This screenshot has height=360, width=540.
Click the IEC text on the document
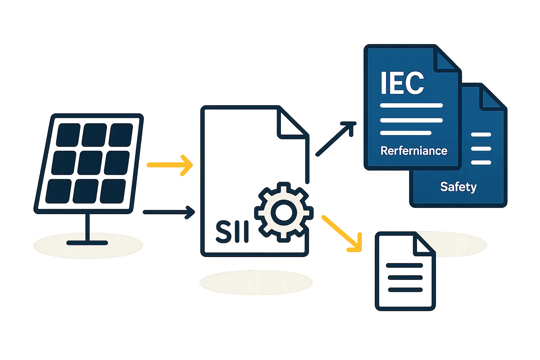tap(402, 83)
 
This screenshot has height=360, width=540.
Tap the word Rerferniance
tap(414, 151)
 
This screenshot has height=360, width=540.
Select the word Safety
tap(458, 187)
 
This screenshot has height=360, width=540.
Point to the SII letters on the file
tap(232, 232)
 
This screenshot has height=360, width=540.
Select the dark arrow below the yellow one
tap(169, 212)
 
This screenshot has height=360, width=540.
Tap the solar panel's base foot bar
tap(87, 243)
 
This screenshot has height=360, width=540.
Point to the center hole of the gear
tap(283, 212)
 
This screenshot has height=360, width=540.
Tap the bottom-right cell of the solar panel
tap(112, 191)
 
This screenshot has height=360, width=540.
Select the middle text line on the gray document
tap(404, 277)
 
